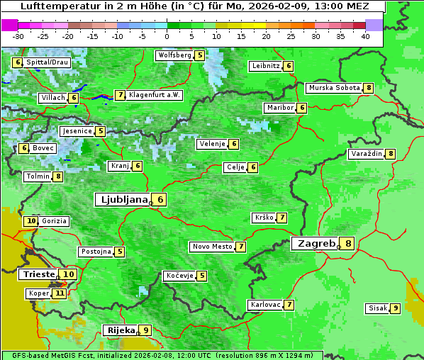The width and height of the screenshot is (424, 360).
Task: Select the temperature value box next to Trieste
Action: [x=69, y=274]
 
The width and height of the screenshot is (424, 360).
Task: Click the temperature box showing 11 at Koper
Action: [x=60, y=293]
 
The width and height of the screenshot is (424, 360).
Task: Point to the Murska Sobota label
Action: [x=334, y=88]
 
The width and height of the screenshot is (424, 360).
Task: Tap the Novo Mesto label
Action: [x=212, y=247]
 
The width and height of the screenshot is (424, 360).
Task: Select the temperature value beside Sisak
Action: [x=395, y=308]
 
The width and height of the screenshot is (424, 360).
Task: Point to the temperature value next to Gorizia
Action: [x=30, y=221]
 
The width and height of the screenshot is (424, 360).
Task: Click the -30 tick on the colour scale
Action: [x=18, y=36]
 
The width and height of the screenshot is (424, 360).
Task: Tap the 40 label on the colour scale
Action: [x=365, y=36]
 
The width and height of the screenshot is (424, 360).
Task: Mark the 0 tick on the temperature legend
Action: [x=167, y=36]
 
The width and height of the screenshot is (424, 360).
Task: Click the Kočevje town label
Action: [x=179, y=275]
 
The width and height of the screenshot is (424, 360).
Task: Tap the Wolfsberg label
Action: [x=174, y=55]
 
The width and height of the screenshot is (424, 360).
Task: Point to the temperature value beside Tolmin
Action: [x=58, y=176]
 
